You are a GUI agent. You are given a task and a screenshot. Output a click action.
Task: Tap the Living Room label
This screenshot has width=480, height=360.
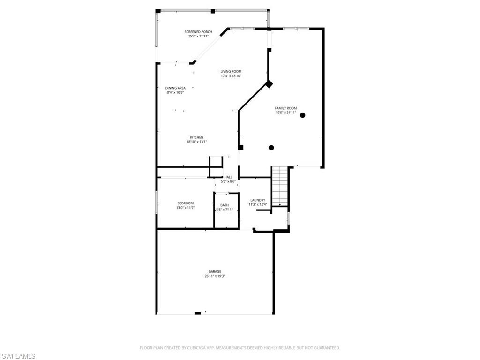tap(231, 72)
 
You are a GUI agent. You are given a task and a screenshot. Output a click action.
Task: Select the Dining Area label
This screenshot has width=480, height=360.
tap(175, 88)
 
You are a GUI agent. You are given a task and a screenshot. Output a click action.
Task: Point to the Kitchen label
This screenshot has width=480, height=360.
tap(196, 137)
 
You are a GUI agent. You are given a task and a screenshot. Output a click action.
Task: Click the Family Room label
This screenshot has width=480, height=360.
tap(285, 108)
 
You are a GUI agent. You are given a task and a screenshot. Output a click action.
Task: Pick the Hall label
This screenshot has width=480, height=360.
tap(228, 177)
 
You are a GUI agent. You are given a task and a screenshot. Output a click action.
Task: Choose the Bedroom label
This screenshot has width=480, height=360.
tap(185, 203)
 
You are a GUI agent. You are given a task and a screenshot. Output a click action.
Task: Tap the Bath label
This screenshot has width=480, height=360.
tap(225, 205)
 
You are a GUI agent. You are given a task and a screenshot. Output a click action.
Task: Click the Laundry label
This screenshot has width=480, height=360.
tap(258, 200)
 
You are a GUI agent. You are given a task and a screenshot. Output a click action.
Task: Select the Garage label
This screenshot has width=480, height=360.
tap(215, 272)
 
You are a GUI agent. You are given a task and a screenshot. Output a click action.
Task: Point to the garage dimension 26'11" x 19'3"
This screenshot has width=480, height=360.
tap(215, 276)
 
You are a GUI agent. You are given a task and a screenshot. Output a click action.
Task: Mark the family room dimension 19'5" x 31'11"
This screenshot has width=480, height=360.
tap(285, 112)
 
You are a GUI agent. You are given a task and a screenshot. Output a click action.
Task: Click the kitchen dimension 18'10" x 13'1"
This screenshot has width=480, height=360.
tap(196, 142)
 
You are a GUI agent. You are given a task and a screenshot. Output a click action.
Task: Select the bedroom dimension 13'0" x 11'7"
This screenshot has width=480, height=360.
tap(185, 208)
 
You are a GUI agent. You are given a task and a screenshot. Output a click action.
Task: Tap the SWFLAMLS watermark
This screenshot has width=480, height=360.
tap(18, 357)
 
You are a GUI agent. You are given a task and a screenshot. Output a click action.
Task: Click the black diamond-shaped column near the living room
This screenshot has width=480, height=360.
tap(269, 84)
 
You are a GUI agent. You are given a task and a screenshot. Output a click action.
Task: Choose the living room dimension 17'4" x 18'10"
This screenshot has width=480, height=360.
tap(231, 76)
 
